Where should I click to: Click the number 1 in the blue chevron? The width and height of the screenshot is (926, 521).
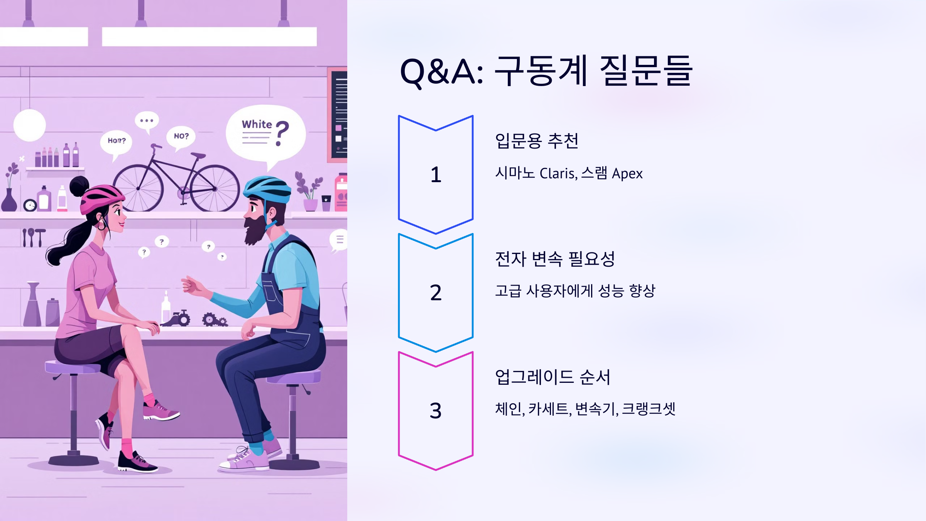tap(436, 174)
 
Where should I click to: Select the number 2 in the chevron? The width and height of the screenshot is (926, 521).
tap(436, 293)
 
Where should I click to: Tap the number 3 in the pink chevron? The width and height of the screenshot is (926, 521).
tap(436, 411)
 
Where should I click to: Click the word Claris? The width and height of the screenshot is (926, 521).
tap(558, 174)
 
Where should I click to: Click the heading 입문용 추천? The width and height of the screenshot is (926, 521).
tap(537, 141)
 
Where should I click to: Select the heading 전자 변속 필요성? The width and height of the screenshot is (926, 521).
tap(555, 259)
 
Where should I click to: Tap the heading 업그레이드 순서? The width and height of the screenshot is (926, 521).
tap(553, 377)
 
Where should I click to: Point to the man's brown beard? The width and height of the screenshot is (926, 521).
tap(255, 230)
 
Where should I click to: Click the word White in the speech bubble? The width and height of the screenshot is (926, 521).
tap(257, 124)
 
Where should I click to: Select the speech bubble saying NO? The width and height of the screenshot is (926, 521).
tap(181, 136)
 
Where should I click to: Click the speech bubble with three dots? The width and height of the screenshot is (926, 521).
tap(147, 120)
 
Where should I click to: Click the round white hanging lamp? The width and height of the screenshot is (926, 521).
tap(30, 125)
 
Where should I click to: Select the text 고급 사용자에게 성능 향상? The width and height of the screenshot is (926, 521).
tap(575, 291)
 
